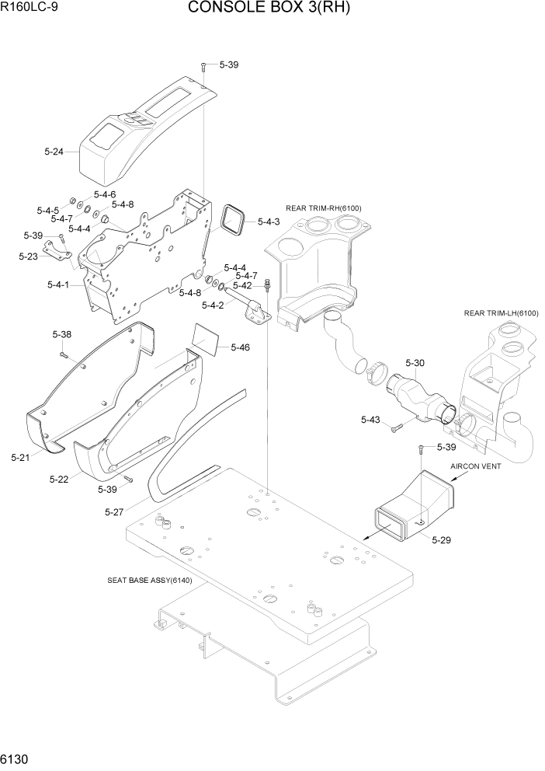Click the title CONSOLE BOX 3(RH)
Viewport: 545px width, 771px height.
[x=269, y=9]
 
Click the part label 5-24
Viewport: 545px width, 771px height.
[x=54, y=151]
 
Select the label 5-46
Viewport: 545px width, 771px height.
[x=240, y=347]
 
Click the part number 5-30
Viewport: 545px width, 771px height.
[x=415, y=363]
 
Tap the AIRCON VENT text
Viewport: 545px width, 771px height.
[x=476, y=466]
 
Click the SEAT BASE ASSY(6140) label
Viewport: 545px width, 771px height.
[x=150, y=580]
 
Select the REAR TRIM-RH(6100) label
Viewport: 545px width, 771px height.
[x=324, y=208]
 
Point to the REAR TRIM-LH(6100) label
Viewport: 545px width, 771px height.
[x=501, y=312]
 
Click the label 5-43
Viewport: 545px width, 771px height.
[x=370, y=420]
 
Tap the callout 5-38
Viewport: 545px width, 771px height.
[x=62, y=334]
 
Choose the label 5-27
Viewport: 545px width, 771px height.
[x=115, y=511]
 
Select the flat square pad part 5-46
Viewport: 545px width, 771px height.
[x=206, y=339]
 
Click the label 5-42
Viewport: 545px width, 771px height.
[x=242, y=285]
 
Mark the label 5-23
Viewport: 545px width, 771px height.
[x=28, y=255]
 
